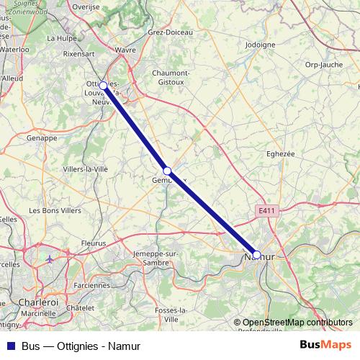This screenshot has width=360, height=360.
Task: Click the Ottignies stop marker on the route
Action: (x=103, y=86)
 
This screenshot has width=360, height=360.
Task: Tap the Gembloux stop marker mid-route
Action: (x=167, y=171)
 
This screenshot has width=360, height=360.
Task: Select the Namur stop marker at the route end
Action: (x=256, y=254)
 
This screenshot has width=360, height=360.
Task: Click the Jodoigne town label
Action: (x=261, y=44)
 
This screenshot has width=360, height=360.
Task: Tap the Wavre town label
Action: (x=125, y=50)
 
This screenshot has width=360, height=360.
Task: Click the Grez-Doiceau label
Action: (x=167, y=32)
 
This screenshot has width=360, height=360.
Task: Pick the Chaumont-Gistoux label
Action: (x=171, y=77)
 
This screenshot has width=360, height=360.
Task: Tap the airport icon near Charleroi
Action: (x=49, y=258)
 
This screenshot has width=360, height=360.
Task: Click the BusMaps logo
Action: (x=326, y=345)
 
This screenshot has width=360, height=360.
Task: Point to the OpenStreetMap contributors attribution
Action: (x=292, y=323)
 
